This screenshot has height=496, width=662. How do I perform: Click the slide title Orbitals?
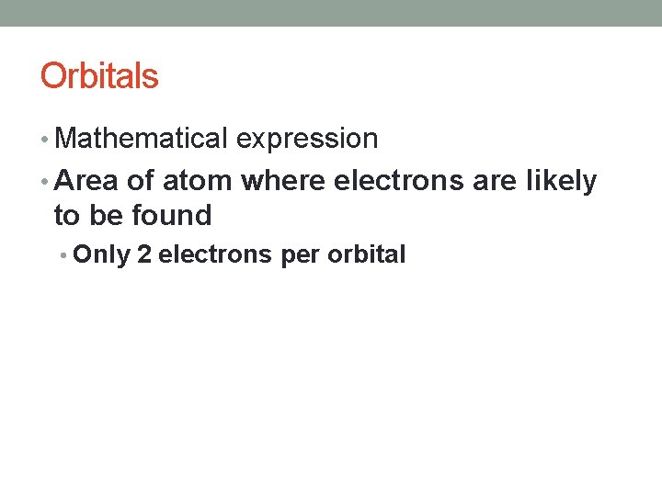point(99,76)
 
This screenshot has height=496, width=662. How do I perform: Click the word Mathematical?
point(141,139)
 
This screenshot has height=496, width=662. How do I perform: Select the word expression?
point(307,139)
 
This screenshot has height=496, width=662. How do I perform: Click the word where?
point(283,181)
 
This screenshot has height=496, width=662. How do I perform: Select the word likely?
point(562,182)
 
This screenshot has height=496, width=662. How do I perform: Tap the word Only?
point(101,255)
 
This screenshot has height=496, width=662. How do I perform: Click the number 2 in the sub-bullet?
point(143,255)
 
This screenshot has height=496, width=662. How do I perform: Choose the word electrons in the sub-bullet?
point(215,255)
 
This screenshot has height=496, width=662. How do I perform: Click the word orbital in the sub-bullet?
point(365,255)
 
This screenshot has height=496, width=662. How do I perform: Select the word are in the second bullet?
point(495,181)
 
